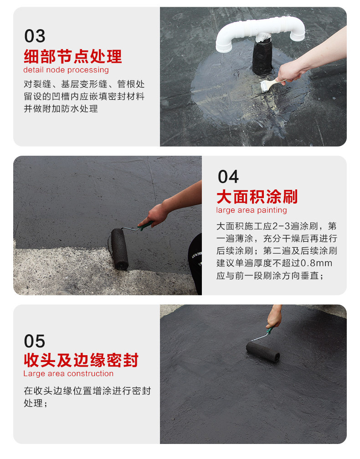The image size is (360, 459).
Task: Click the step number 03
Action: (35, 36)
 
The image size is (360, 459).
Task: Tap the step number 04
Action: (228, 177)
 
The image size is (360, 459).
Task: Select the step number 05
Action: (35, 341)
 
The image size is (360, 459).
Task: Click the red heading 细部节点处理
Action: (72, 56)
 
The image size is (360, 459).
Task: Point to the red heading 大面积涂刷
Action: (257, 197)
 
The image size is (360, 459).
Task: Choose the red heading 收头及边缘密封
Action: (81, 360)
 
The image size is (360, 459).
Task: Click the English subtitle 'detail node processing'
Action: (66, 70)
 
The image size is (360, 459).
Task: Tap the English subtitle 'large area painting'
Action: (252, 210)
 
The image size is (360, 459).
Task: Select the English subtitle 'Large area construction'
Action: (68, 373)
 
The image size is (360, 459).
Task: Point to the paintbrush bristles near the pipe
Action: (265, 87)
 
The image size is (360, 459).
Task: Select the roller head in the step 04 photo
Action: (119, 249)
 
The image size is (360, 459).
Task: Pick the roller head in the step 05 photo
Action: (263, 351)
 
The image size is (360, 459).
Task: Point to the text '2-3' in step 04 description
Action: (281, 226)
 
